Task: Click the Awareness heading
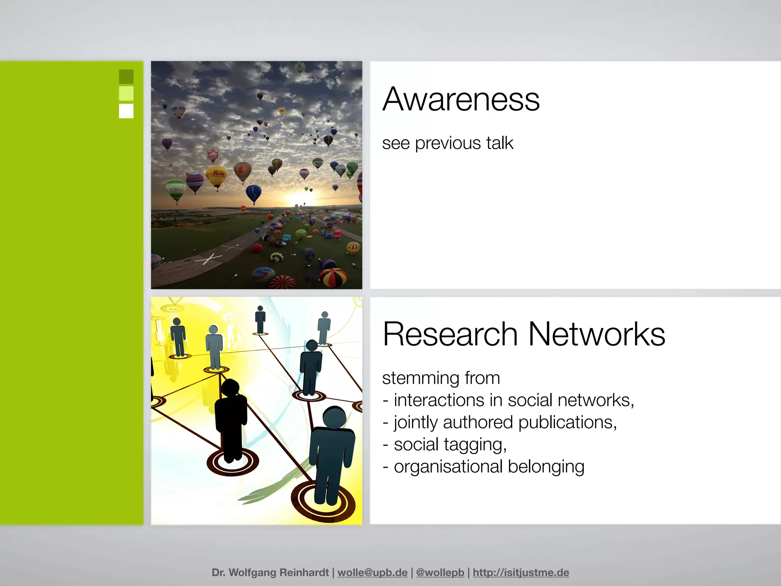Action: pos(461,99)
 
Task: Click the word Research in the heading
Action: pos(450,334)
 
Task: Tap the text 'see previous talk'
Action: pos(448,143)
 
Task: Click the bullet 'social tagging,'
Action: pos(450,445)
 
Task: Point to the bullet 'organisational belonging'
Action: pos(489,467)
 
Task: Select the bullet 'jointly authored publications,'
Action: pos(505,423)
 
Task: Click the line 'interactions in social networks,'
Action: pos(514,401)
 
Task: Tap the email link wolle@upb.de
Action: pos(372,573)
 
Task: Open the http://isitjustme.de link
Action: pos(521,573)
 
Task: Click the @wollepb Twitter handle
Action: pos(440,573)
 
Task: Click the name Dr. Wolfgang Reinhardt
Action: pos(270,573)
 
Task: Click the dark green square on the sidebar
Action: pos(126,77)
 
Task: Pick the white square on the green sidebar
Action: pos(126,111)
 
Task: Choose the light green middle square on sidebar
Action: pos(126,93)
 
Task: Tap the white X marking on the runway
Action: pos(208,259)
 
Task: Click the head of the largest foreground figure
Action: pos(334,417)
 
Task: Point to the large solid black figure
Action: pos(230,420)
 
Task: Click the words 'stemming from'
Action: pos(441,378)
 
